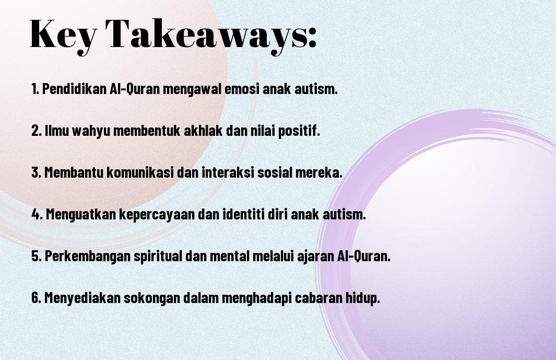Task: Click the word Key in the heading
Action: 63,34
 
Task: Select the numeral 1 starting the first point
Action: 34,89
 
